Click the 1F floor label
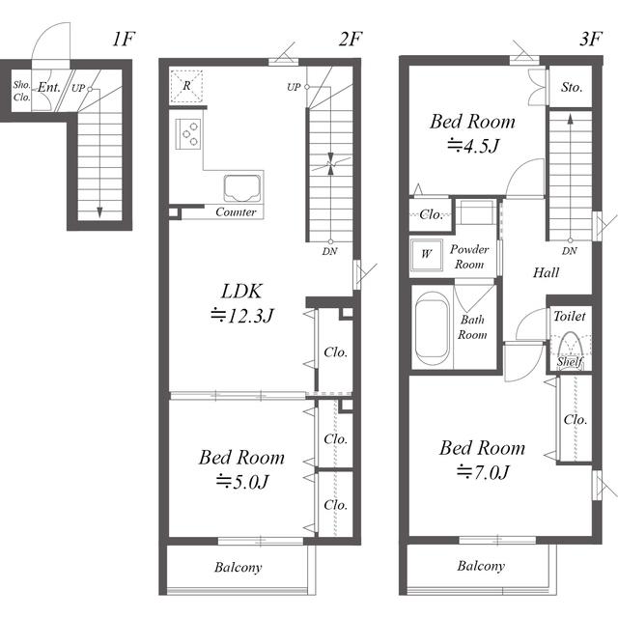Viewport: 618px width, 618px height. tap(124, 39)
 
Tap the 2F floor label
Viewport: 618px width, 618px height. tap(351, 39)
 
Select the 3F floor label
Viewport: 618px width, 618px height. tap(591, 39)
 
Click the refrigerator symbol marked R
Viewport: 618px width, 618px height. tap(186, 86)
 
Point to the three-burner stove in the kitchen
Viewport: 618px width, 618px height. tap(188, 134)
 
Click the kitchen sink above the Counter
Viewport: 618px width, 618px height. tap(242, 188)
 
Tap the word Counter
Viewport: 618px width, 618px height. tap(236, 212)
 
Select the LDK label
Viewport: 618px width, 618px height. tap(241, 292)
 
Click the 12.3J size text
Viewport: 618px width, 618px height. tap(242, 316)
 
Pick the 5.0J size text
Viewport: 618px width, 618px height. tap(242, 482)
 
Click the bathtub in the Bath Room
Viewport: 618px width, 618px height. tap(432, 329)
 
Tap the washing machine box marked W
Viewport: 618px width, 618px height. tap(426, 255)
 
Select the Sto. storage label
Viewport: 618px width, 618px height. tap(572, 87)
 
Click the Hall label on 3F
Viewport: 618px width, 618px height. tap(546, 272)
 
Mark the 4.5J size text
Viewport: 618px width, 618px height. tap(473, 146)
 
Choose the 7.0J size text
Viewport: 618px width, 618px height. tap(483, 472)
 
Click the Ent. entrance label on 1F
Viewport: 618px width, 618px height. tap(49, 87)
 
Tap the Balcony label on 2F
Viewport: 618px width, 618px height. tap(239, 567)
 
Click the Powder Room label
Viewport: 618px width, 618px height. tap(469, 257)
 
